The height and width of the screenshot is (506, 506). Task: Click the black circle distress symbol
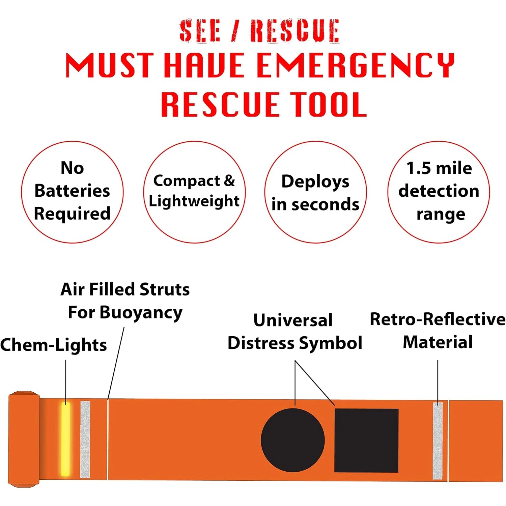[x=293, y=440]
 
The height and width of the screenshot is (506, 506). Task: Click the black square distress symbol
[x=366, y=440]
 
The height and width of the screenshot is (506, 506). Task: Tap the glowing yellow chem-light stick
[x=65, y=439]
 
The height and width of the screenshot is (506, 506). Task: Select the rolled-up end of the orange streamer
[x=24, y=439]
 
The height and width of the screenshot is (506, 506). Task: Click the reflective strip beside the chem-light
[x=85, y=439]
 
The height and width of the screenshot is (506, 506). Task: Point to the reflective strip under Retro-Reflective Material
[x=438, y=441]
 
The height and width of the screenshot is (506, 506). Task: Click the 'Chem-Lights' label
[x=53, y=345]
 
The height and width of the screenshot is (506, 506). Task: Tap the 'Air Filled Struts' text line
[x=125, y=289]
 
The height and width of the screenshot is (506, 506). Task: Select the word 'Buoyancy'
[x=141, y=313]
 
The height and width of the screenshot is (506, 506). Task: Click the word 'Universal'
[x=293, y=320]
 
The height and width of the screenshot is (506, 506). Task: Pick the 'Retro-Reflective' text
[x=438, y=319]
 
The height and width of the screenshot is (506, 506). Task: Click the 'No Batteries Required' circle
[x=72, y=192]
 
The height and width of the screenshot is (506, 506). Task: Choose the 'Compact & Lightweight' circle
[x=194, y=192]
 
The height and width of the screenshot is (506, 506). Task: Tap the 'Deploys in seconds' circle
[x=315, y=192]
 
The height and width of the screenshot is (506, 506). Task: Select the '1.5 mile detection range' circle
[x=439, y=192]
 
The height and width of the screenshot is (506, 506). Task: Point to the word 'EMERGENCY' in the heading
[x=356, y=65]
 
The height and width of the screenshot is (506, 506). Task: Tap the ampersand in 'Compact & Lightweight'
[x=229, y=180]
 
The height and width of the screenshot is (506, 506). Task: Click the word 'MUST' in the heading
[x=110, y=65]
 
